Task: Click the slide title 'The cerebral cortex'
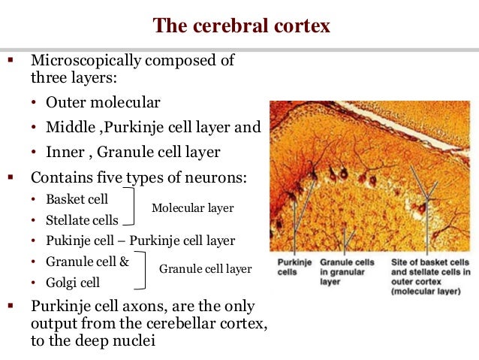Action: [241, 26]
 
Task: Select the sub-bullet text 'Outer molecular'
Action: [103, 102]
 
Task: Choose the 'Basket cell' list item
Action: [77, 200]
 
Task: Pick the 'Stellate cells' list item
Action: [82, 220]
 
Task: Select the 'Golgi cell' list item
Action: [73, 283]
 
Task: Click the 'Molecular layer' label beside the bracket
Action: [192, 207]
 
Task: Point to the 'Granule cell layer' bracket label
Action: [205, 268]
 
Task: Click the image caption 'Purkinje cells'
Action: [293, 267]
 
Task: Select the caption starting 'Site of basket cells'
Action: [430, 276]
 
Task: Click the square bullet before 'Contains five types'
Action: [11, 178]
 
